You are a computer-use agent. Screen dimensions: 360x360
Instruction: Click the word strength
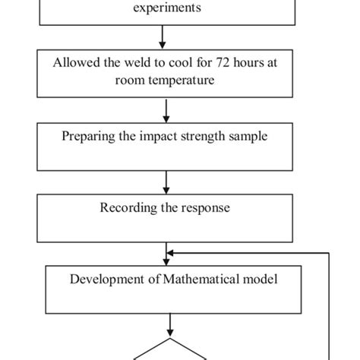(x=200, y=137)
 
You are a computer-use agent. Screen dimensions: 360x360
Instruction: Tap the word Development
(x=101, y=279)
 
